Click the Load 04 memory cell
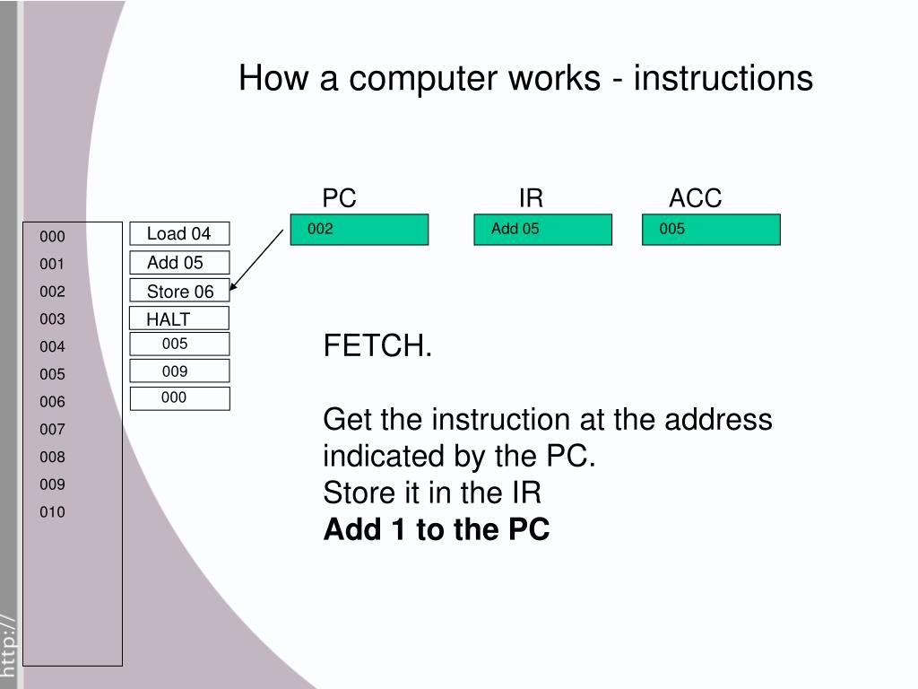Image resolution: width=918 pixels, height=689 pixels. (x=179, y=234)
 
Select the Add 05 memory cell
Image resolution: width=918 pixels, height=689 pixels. (x=179, y=263)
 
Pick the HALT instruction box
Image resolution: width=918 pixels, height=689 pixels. (x=179, y=318)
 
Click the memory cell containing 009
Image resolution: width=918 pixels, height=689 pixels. (x=179, y=371)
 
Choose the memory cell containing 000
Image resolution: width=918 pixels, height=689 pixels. (x=179, y=398)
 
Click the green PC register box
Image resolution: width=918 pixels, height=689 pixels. (x=359, y=230)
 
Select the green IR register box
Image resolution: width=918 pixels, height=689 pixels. (x=542, y=230)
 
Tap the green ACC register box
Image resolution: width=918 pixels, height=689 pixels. (x=711, y=230)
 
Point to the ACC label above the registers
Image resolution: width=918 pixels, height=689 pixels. (x=695, y=198)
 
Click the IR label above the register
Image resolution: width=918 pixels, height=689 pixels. (x=531, y=198)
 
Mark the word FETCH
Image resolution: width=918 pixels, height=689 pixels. (x=377, y=346)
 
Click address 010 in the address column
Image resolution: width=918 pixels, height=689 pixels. (x=52, y=512)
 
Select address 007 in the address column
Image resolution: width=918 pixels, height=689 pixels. (x=52, y=429)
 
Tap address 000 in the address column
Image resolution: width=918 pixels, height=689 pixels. (x=52, y=237)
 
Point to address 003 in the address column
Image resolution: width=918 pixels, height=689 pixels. (x=52, y=318)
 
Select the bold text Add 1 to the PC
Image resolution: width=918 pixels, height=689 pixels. (x=436, y=530)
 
